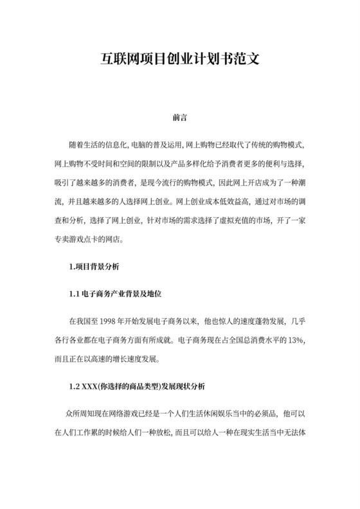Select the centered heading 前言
click(180, 119)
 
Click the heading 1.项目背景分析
click(94, 266)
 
